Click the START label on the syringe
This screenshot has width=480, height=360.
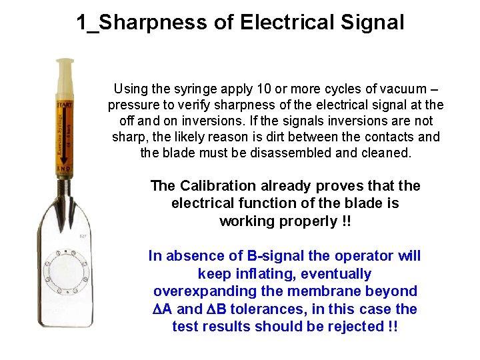tap(64, 105)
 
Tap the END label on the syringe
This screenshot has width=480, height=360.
tap(64, 169)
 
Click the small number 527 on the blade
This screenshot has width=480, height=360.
tap(83, 236)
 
